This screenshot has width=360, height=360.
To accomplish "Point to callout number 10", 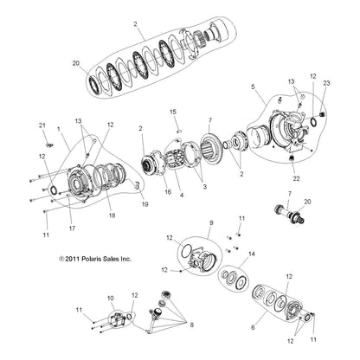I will point(109,299).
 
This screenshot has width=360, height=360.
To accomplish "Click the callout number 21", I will point(40,127).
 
